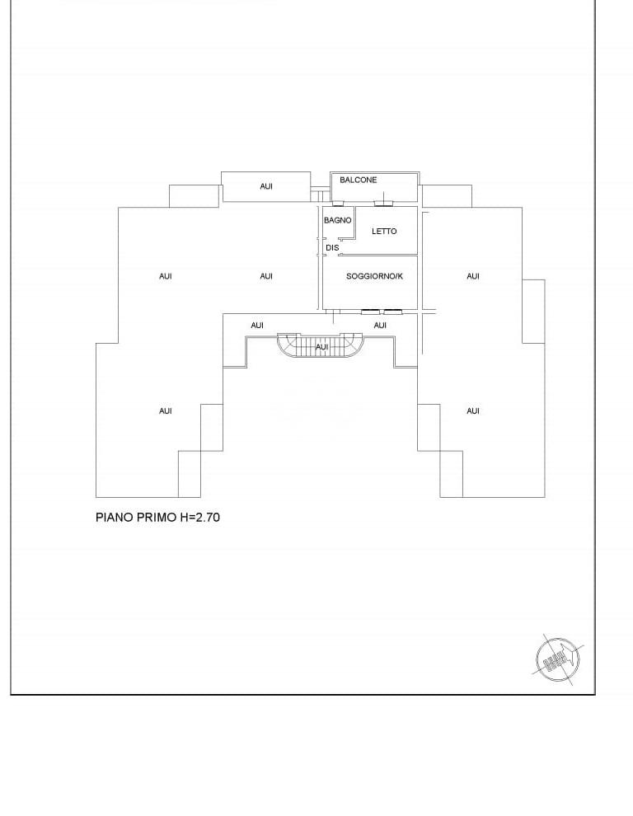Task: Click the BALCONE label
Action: [359, 180]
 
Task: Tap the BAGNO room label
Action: [338, 220]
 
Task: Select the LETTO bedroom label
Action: [384, 231]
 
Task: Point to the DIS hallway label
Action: [332, 247]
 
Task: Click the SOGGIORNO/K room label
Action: [375, 276]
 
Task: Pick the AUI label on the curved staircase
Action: [322, 348]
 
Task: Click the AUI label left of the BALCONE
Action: [266, 186]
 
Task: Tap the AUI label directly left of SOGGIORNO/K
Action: [266, 276]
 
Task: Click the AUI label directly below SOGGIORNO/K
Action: [380, 326]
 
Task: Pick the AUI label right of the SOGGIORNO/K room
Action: [473, 276]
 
